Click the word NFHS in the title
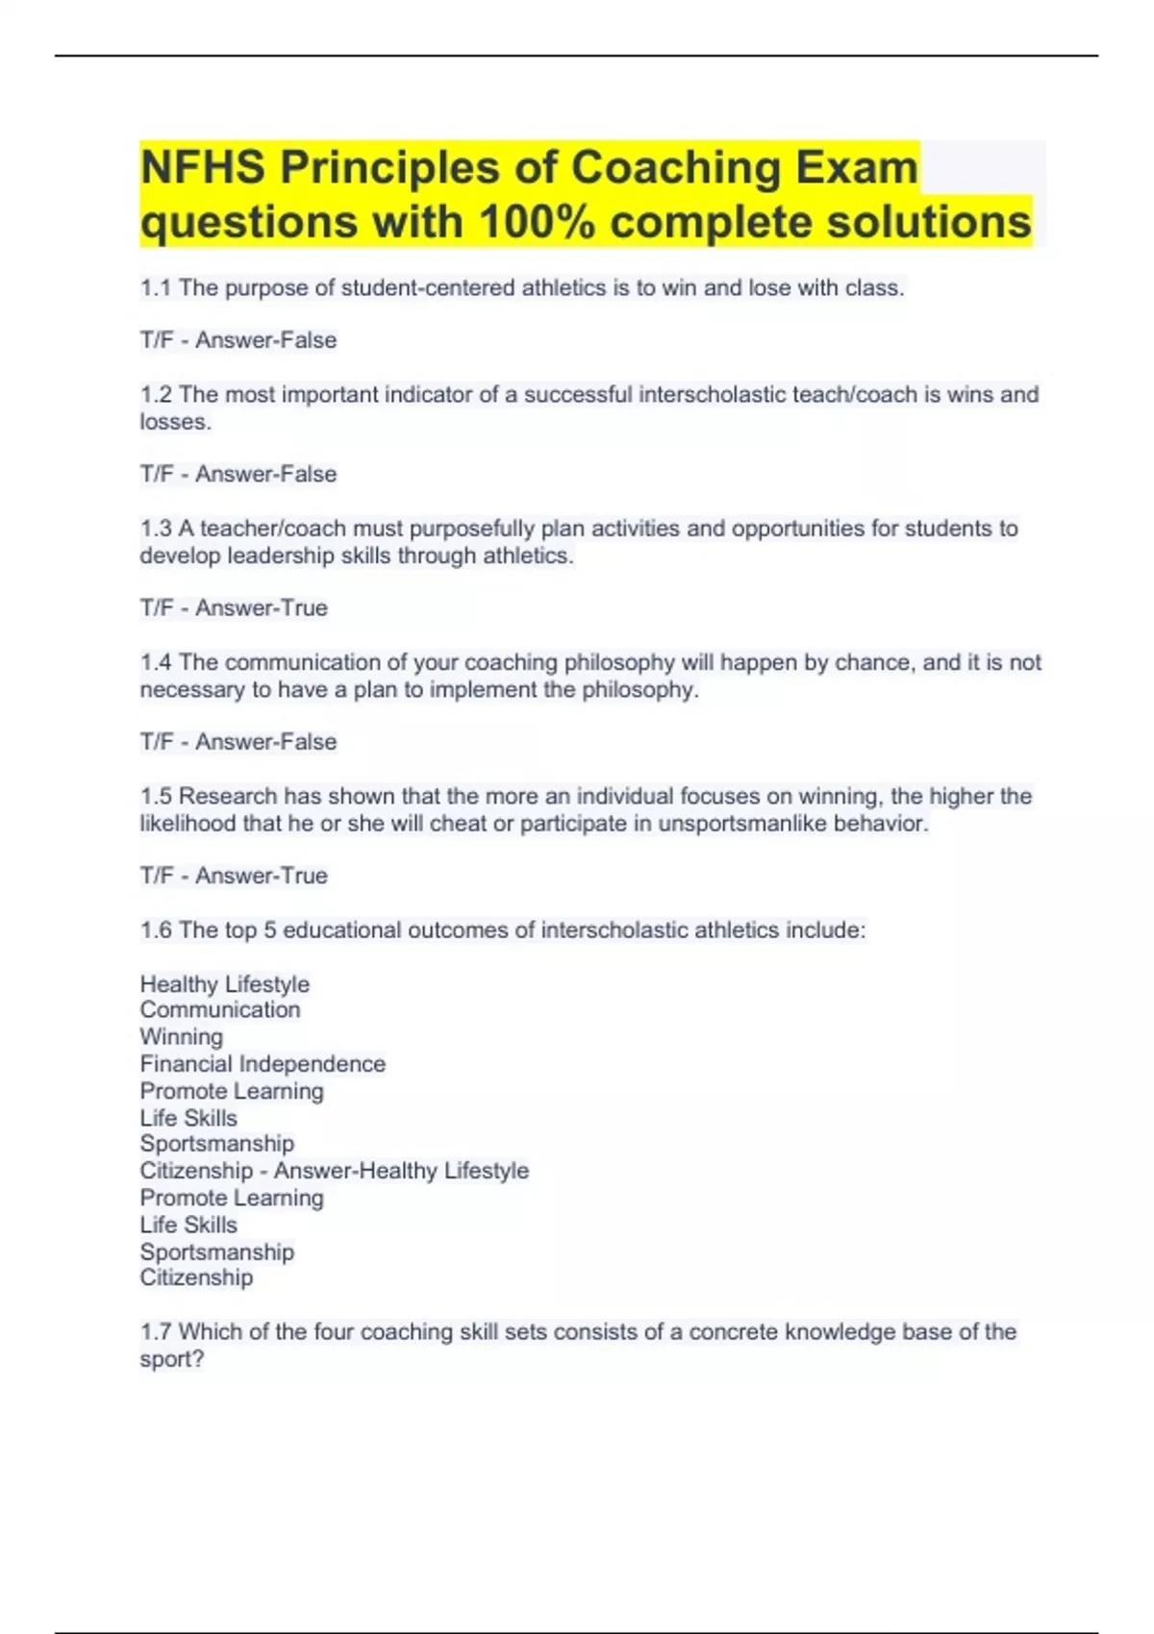(203, 168)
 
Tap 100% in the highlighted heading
(538, 223)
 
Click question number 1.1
(156, 288)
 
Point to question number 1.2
(156, 395)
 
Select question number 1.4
(156, 662)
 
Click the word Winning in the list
(181, 1037)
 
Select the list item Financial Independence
(263, 1064)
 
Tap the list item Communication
(220, 1010)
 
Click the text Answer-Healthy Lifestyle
(401, 1171)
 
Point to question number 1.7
(156, 1332)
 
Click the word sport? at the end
(172, 1360)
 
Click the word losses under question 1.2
(174, 422)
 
